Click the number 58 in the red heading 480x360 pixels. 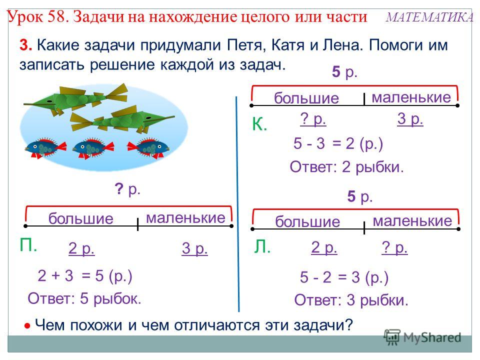(57, 16)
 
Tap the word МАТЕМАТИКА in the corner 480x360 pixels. (430, 17)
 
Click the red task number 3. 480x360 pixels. (25, 45)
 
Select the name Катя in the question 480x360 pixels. (287, 45)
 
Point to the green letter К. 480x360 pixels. (259, 124)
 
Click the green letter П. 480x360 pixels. (28, 245)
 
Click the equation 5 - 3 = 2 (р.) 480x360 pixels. (338, 143)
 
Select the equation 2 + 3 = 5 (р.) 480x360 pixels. (85, 275)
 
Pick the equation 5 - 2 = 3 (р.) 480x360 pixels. (344, 277)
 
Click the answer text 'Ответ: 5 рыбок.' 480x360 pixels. (84, 298)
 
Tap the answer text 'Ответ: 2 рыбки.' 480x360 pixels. (347, 167)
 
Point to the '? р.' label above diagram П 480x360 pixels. (127, 189)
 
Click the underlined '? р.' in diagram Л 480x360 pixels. (394, 247)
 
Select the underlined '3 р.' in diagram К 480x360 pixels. (410, 119)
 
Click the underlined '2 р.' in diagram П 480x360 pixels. (81, 248)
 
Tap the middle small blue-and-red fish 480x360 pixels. (93, 147)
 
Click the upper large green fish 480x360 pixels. (76, 98)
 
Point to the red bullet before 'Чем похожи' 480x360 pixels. (27, 326)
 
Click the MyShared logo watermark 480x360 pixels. (422, 337)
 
